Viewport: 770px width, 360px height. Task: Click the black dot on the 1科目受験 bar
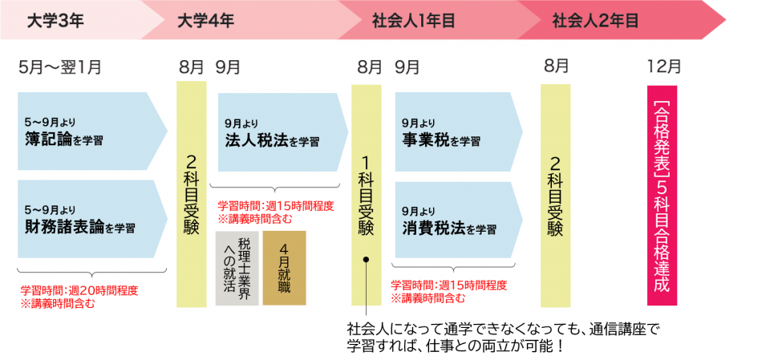pos(366,260)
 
